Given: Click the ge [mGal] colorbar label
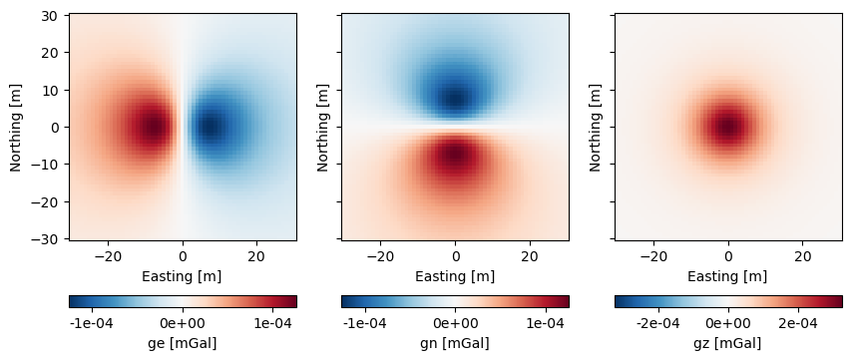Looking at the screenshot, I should coord(183,343).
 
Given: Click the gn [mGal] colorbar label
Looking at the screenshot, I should coord(455,343).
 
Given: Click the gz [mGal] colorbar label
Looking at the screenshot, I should coord(727,343).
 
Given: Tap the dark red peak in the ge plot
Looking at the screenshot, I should coord(153,127).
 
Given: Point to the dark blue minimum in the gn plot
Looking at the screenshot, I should coord(455,98).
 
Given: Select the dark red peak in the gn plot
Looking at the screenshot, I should coord(455,156).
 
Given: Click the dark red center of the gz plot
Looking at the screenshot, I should coord(727,127).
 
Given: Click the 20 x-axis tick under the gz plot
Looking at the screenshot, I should coord(802,256).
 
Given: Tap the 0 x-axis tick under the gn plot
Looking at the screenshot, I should coord(455,256).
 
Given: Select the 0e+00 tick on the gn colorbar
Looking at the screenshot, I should coord(455,323).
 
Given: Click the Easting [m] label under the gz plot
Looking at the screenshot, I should coord(727,276).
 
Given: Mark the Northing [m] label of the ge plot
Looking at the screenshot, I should coord(16,127).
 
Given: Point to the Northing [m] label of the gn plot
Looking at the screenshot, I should coord(323,127).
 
